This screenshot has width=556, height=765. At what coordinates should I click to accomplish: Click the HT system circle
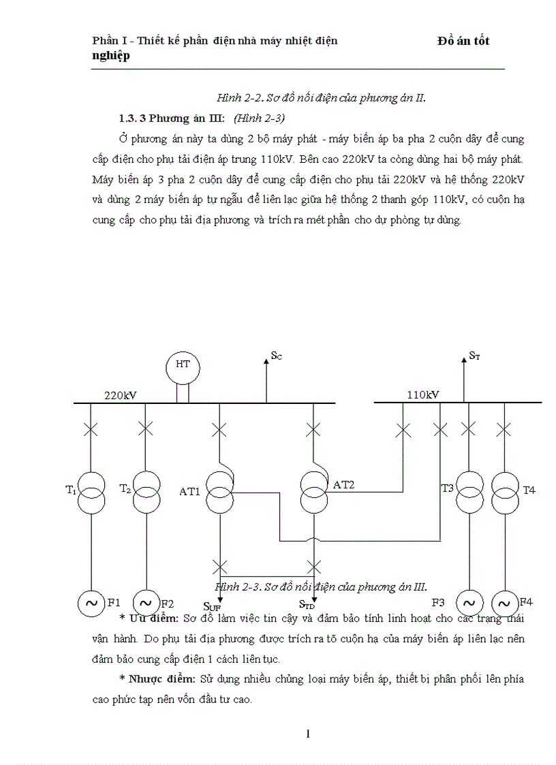point(183,366)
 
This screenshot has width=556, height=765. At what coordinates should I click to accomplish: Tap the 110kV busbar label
point(423,394)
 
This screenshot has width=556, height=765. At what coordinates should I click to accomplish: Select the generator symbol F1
point(90,603)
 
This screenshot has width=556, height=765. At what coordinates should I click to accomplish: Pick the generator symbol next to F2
point(145,603)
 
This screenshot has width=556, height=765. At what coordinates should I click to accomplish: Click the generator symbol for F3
point(468,603)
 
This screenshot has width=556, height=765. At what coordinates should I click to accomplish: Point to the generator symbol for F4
point(505,603)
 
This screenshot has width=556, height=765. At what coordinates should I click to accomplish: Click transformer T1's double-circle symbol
point(90,493)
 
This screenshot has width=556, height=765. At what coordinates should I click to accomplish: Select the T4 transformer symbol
point(505,493)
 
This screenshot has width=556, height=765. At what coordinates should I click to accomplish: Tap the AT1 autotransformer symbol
point(219,493)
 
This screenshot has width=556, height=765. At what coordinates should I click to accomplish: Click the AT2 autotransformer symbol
point(314,493)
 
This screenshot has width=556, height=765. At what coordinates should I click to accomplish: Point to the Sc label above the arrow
point(276,355)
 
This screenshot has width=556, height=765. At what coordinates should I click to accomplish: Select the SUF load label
point(212,605)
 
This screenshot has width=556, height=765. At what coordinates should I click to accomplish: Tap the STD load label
point(307,604)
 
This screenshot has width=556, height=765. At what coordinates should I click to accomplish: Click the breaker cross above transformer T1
point(90,428)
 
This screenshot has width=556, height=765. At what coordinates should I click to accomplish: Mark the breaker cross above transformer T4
point(505,429)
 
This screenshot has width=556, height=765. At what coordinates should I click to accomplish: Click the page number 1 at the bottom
point(308,734)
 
